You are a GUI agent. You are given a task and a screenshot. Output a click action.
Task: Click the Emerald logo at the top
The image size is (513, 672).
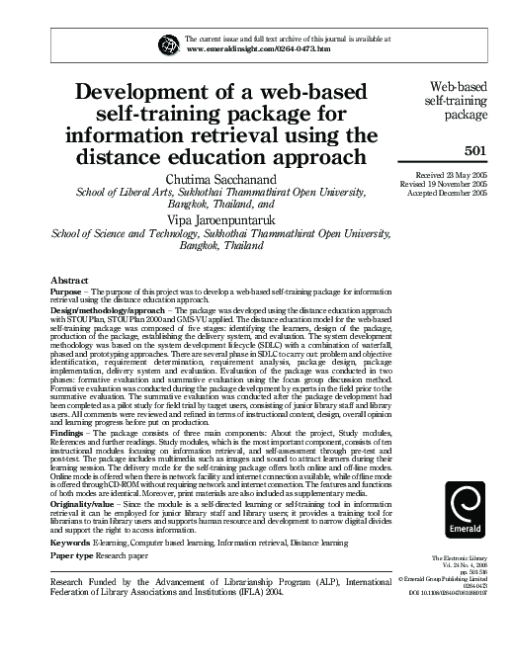coord(168,43)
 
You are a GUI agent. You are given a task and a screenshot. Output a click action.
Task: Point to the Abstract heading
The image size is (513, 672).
coord(71,281)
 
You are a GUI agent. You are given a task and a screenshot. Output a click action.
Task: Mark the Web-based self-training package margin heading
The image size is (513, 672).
coord(458,100)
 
